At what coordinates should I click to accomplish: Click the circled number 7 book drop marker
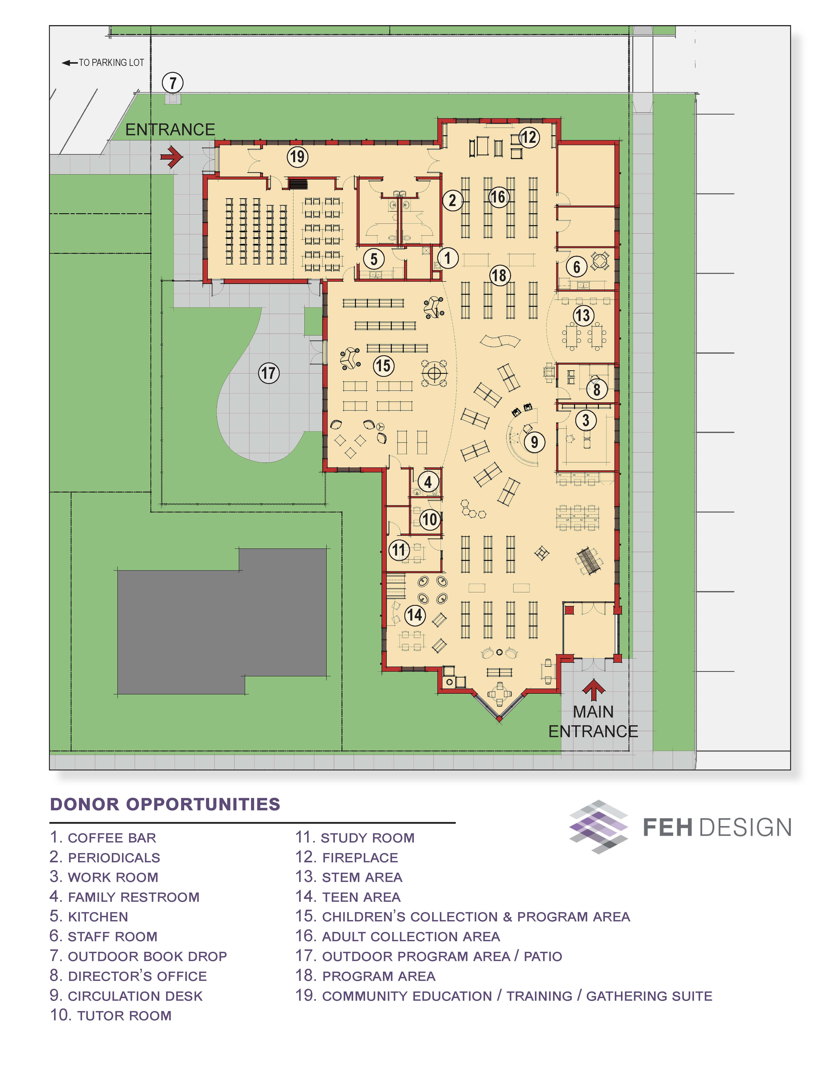[x=173, y=83]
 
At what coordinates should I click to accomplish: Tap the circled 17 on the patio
[x=269, y=373]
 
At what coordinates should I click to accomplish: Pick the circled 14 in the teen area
[x=414, y=615]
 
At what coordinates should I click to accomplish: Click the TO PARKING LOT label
[x=103, y=63]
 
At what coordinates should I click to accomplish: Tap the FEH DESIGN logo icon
[x=599, y=827]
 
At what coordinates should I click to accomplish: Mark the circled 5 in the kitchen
[x=374, y=259]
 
